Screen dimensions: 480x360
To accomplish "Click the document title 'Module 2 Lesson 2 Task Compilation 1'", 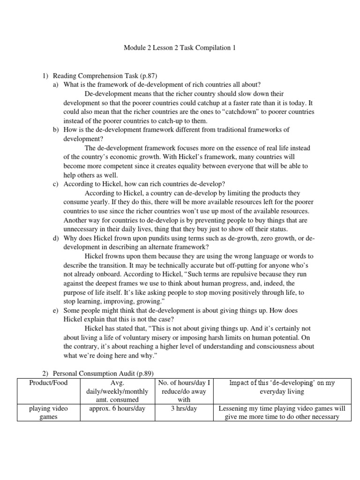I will pos(180,47).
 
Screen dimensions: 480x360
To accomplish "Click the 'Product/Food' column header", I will pos(48,382).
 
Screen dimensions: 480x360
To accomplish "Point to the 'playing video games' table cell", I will pos(48,412).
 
